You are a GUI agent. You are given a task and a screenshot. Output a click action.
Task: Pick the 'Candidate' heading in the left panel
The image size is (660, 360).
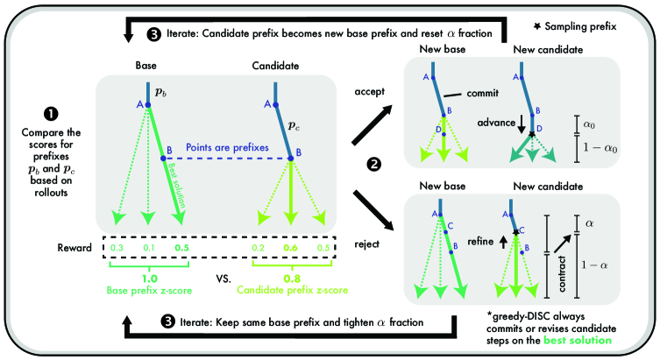276,65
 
